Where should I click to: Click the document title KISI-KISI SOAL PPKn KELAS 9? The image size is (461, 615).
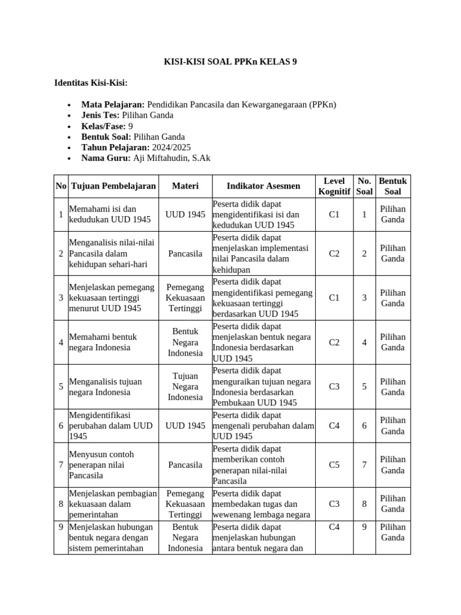coord(230,62)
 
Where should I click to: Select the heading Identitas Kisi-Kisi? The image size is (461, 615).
coord(91,82)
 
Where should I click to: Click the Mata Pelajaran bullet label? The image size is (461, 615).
coord(113,104)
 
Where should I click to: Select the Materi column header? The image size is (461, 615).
coord(185,186)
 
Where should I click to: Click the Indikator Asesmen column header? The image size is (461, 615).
coord(263,186)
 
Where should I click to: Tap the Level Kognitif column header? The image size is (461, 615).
coord(334,186)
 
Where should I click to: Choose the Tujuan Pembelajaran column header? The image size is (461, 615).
coord(113,186)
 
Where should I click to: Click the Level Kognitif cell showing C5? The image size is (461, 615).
coord(334,464)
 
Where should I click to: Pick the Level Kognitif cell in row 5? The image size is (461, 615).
coord(334,387)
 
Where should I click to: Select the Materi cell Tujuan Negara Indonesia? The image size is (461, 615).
coord(185,387)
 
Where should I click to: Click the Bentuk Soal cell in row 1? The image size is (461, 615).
coord(393,214)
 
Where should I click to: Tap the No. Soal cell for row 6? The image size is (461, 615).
coord(364,426)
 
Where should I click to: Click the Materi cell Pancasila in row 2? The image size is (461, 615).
coord(185,253)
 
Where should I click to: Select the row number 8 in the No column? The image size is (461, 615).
coord(61,504)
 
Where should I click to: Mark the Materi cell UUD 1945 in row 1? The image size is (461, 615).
coord(185,214)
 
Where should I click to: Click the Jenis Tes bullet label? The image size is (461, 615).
coord(100,115)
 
